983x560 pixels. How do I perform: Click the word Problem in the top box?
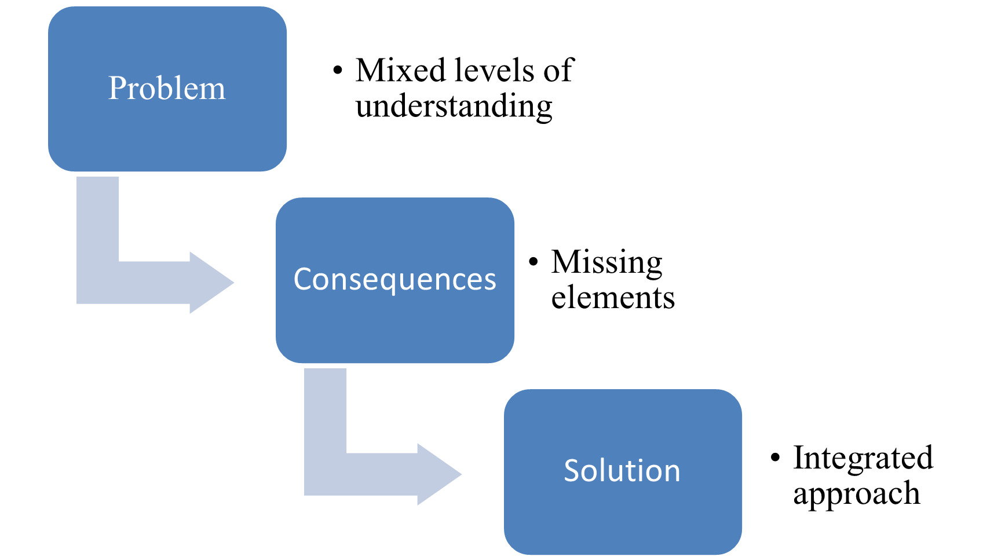(167, 89)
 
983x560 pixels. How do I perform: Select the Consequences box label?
(394, 280)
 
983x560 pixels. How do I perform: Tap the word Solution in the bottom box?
(622, 471)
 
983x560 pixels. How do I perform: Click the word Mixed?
(400, 71)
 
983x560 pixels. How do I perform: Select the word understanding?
(454, 107)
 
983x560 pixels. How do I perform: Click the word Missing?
(606, 262)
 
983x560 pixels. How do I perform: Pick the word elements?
(613, 298)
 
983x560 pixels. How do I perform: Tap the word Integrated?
(863, 458)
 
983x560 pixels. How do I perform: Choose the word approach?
(856, 495)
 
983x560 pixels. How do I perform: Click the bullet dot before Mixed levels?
(338, 71)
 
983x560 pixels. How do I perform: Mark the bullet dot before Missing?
(533, 262)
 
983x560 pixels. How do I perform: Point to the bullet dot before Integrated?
(776, 458)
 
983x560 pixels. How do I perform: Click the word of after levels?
(558, 71)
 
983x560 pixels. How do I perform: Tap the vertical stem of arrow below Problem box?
(97, 220)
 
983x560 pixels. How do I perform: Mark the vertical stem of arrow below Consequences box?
(325, 411)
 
